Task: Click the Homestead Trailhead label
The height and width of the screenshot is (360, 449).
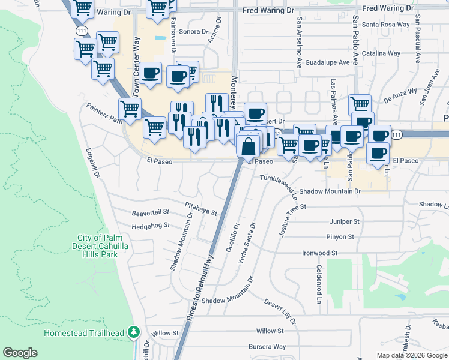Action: coord(83,333)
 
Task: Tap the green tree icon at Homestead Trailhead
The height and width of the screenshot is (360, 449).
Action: coord(135,332)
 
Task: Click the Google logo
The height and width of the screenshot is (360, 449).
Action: coord(20,353)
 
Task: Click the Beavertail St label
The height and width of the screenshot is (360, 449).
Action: coord(151,212)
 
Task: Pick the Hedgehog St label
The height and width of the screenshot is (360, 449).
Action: coord(151,226)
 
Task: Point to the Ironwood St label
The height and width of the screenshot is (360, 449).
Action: coord(320,253)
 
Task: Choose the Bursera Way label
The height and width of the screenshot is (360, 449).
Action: coord(267,346)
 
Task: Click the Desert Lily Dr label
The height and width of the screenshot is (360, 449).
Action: coord(280,312)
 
